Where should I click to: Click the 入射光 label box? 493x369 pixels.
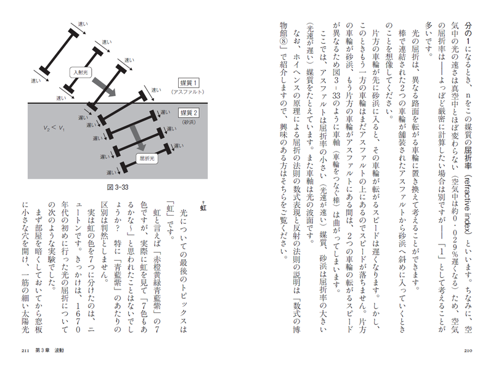pyautogui.click(x=81, y=72)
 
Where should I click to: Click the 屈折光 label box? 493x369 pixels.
pyautogui.click(x=147, y=159)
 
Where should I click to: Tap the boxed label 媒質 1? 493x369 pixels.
pyautogui.click(x=189, y=83)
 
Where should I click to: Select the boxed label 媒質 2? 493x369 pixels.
pyautogui.click(x=189, y=113)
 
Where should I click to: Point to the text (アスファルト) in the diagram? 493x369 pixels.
pyautogui.click(x=188, y=92)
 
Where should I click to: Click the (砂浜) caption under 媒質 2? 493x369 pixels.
pyautogui.click(x=189, y=122)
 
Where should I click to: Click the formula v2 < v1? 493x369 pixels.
pyautogui.click(x=54, y=128)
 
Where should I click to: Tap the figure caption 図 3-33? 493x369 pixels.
pyautogui.click(x=118, y=187)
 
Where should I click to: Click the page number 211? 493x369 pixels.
pyautogui.click(x=25, y=351)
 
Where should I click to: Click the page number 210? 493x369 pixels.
pyautogui.click(x=468, y=351)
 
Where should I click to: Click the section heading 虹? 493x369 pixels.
pyautogui.click(x=203, y=208)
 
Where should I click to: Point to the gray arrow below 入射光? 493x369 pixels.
pyautogui.click(x=104, y=87)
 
